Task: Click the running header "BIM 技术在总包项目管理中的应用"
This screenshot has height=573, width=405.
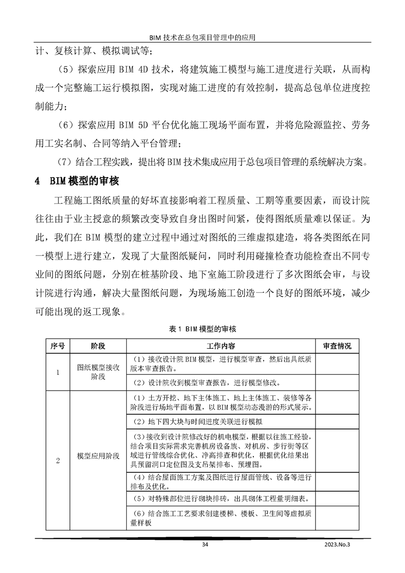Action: (x=202, y=37)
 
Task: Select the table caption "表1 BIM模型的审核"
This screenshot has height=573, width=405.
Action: (x=202, y=330)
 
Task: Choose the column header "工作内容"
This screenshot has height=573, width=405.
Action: (x=221, y=346)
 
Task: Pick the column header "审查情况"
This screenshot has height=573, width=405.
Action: (x=338, y=346)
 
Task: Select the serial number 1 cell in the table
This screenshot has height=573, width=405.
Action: (x=57, y=372)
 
